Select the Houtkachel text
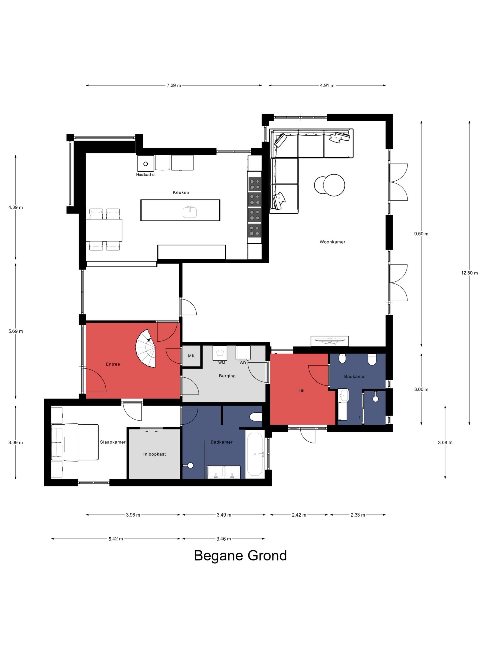tap(146, 175)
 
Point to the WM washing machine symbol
tap(220, 353)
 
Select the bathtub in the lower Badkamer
tap(255, 454)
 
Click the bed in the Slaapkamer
tap(75, 443)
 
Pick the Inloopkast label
tap(154, 454)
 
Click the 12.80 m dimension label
tap(469, 273)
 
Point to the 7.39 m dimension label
tap(174, 85)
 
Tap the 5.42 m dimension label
tap(116, 539)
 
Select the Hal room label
tap(301, 390)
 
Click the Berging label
tap(227, 376)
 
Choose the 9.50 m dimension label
tap(421, 234)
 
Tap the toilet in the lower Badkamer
tap(256, 417)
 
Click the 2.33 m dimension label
tap(358, 515)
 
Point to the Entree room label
tap(113, 364)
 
